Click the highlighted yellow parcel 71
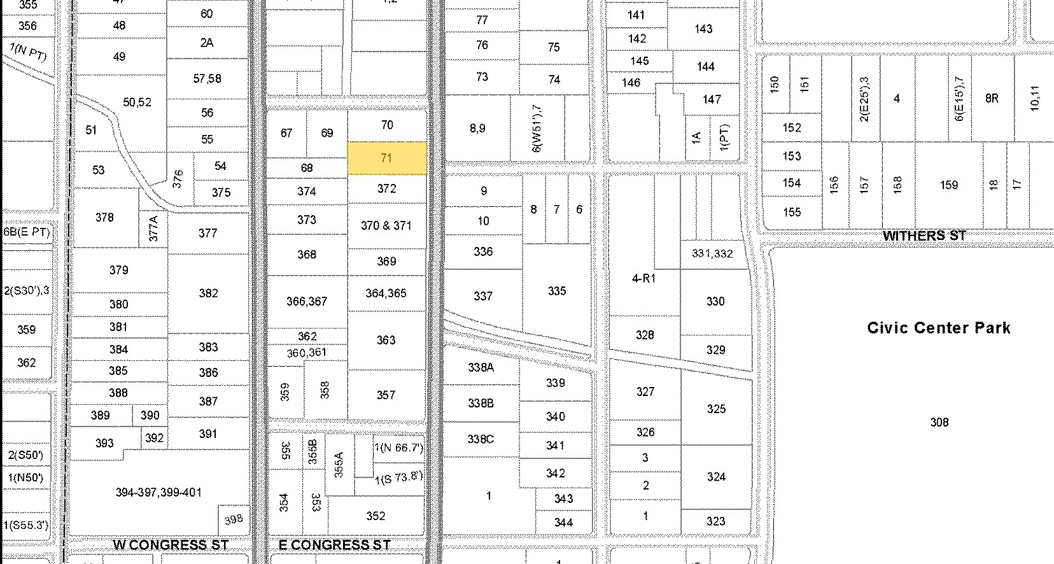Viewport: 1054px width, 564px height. tap(386, 158)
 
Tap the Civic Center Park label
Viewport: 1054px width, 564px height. tap(938, 328)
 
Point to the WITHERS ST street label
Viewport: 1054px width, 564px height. tap(924, 236)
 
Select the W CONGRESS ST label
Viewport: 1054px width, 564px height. tap(170, 545)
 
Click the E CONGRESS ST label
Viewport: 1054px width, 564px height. tap(335, 545)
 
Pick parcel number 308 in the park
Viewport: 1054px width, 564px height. tap(939, 422)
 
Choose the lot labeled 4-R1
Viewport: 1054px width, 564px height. tap(643, 278)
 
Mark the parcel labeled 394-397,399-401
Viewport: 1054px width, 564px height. tap(158, 492)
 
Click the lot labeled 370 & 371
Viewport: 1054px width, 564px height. tap(386, 225)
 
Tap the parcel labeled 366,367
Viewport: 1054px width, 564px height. tap(306, 301)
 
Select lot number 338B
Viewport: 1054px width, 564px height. tap(481, 403)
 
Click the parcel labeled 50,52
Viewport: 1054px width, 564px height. tap(137, 102)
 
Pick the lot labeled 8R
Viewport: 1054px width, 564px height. tap(992, 98)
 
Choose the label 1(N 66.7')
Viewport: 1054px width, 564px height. tap(398, 448)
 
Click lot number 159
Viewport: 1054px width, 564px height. tap(948, 185)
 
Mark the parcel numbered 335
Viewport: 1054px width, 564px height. tap(556, 291)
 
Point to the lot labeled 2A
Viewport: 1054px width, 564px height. tap(206, 43)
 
